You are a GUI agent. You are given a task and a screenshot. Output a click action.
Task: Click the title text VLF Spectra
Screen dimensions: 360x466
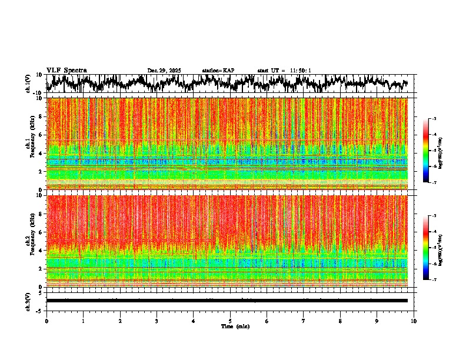point(66,71)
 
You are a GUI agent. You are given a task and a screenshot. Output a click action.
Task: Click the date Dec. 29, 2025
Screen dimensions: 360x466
point(164,71)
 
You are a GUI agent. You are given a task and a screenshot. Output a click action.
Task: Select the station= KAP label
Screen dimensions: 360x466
point(218,71)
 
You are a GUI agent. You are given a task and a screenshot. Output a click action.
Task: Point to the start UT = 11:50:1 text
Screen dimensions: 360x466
point(284,71)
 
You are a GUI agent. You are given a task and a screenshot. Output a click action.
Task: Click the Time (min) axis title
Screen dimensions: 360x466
point(235,326)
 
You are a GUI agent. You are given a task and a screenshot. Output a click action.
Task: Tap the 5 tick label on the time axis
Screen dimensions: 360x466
point(230,321)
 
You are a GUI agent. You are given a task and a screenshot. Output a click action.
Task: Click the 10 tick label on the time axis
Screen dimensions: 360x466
point(414,321)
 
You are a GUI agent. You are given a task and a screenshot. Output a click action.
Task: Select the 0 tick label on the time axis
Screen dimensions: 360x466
point(46,321)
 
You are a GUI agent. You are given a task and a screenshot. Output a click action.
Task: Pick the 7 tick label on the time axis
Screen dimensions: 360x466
point(304,321)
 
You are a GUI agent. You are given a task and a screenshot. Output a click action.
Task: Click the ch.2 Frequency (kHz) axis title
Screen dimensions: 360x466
point(31,241)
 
